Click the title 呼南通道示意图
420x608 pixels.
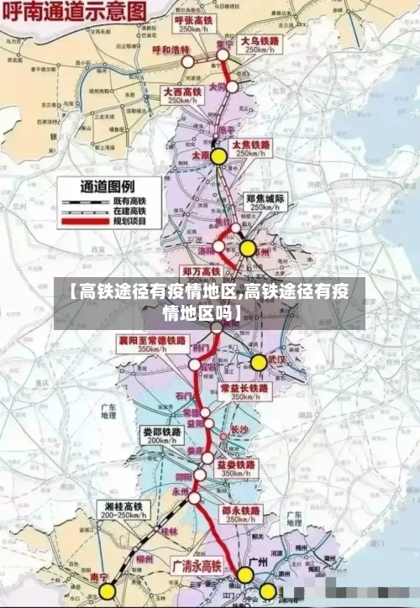point(74,12)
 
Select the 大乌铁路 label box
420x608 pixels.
point(260,45)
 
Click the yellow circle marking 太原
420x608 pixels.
point(218,156)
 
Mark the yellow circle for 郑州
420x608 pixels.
point(248,249)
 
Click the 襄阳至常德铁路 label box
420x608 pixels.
point(153,343)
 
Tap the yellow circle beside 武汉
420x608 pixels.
point(259,363)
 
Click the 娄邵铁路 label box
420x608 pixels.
point(160,435)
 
